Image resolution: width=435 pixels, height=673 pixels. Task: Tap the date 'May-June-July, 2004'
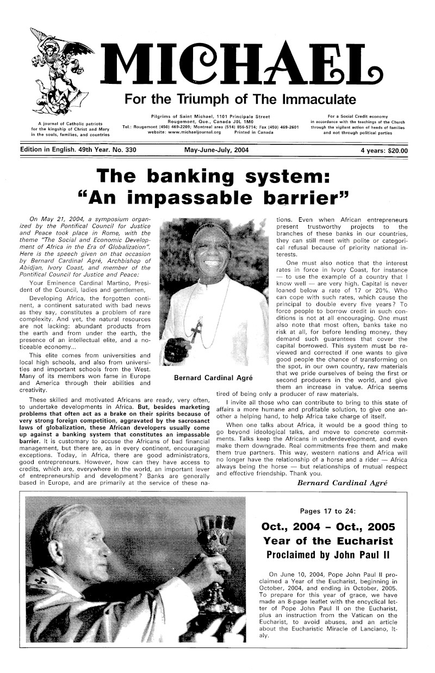point(217,150)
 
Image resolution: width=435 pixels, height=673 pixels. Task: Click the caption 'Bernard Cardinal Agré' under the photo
point(216,378)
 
